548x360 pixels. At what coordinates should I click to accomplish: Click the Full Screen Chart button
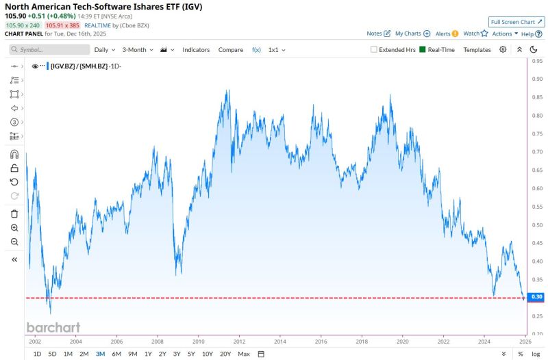[516, 22]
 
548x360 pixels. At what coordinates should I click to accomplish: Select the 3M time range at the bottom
[100, 354]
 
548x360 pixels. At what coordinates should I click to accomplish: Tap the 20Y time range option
[225, 354]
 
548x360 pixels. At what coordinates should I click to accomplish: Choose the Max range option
[244, 354]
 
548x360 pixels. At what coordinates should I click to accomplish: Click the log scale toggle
[535, 354]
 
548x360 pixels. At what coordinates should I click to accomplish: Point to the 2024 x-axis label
[486, 341]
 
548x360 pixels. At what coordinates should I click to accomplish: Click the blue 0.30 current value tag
[536, 297]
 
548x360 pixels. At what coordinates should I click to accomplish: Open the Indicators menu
[196, 50]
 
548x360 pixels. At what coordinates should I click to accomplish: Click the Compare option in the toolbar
[231, 50]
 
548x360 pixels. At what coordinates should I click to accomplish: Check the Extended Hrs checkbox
[373, 50]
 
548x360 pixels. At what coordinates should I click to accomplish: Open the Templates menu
[477, 50]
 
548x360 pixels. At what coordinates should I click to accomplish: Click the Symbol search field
[50, 50]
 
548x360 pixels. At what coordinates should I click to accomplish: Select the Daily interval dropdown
[105, 50]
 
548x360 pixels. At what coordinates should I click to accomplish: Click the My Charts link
[412, 34]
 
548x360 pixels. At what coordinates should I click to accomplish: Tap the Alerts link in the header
[447, 34]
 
